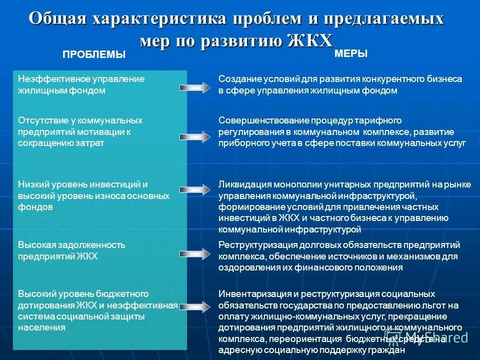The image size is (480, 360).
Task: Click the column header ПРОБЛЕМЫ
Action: point(94,55)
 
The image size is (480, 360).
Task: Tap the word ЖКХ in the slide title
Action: point(310,40)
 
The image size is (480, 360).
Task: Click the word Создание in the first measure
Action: point(237,79)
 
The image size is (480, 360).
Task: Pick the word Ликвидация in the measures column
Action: point(242,184)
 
